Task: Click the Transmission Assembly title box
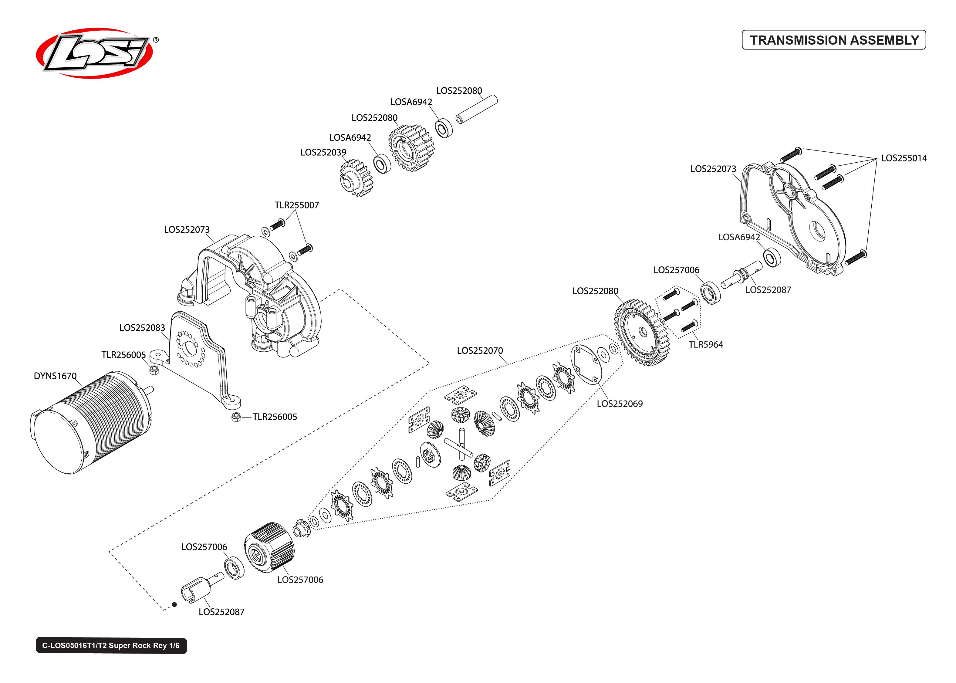(x=834, y=40)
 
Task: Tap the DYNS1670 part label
(x=55, y=376)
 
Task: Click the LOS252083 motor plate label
(x=142, y=328)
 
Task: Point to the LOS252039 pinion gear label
(x=323, y=152)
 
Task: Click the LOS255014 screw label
(x=904, y=158)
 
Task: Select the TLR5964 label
(x=705, y=344)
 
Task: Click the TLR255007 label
(x=296, y=205)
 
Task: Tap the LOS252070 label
(x=480, y=351)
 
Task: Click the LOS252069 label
(x=619, y=404)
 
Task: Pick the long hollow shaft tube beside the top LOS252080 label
(x=477, y=109)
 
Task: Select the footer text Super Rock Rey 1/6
(x=111, y=646)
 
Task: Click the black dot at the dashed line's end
(x=174, y=605)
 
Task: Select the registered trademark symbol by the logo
(x=156, y=40)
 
